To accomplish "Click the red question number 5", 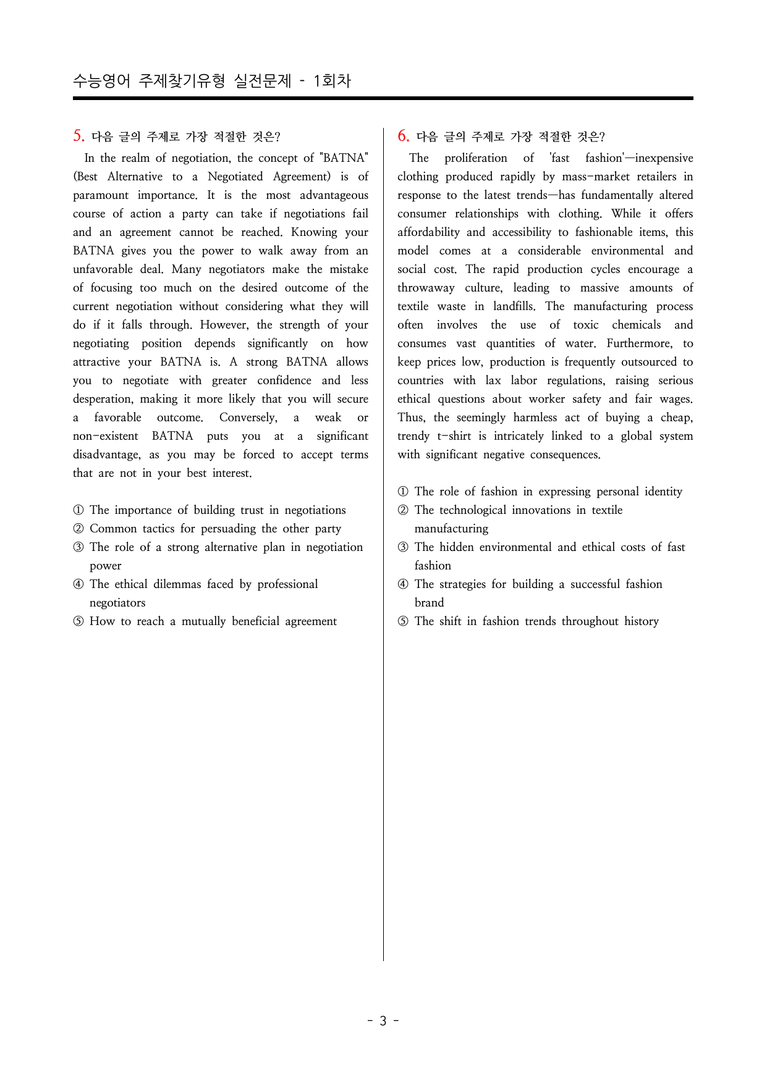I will [x=78, y=136].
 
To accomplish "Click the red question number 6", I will [x=403, y=136].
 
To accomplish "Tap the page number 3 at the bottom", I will [x=383, y=1021].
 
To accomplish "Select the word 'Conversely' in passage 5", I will [x=248, y=418].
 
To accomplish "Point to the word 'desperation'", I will [x=103, y=399].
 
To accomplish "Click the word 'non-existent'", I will [x=106, y=436].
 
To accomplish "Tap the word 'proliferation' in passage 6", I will [x=475, y=158].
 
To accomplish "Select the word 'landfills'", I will [x=514, y=306].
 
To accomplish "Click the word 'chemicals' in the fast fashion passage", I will [x=636, y=325].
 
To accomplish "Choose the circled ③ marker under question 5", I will [x=78, y=547].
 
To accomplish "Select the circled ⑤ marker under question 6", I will [x=403, y=621].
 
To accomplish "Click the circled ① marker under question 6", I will [x=403, y=492].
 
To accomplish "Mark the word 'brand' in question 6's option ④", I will [x=429, y=603].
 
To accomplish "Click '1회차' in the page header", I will [x=332, y=81].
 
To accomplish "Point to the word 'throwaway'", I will [x=426, y=288].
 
